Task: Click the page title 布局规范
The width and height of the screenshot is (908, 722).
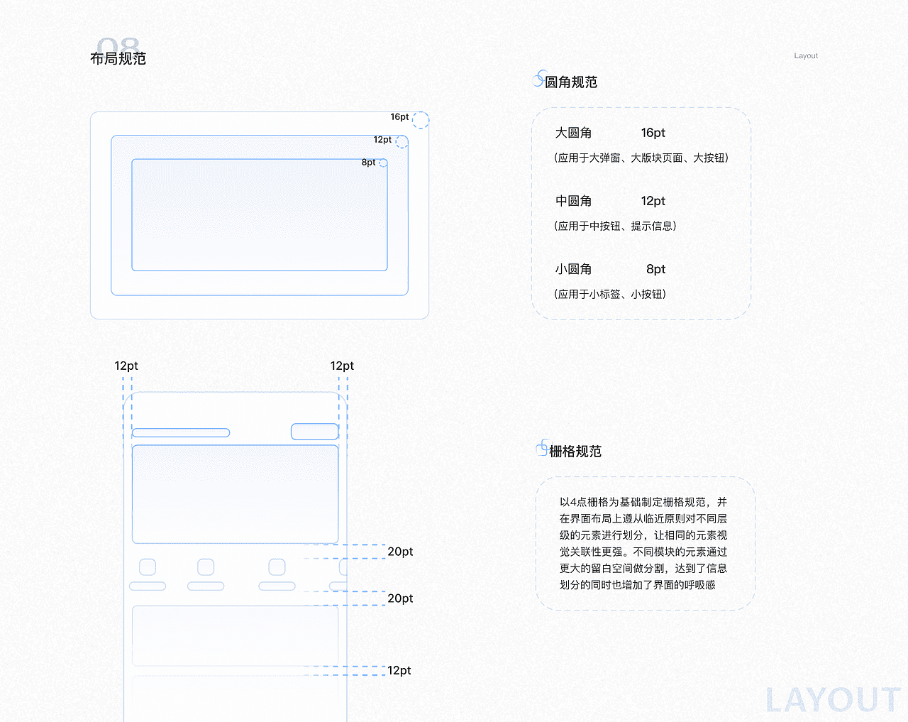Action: coord(118,58)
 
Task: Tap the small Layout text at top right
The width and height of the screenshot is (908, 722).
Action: coord(806,56)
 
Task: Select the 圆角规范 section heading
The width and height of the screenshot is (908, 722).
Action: coord(570,82)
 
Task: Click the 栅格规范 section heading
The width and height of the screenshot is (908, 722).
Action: coord(575,452)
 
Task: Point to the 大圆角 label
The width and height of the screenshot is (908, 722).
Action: coord(573,133)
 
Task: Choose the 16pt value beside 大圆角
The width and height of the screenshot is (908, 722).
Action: coord(653,133)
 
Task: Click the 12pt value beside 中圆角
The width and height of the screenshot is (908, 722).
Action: coord(653,201)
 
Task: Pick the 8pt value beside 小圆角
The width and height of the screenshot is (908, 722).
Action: coord(655,269)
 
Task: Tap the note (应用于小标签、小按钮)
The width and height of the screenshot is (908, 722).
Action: coord(610,294)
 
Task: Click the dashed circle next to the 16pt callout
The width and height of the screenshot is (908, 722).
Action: coord(421,120)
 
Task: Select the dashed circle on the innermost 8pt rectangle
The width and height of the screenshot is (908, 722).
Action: coord(383,163)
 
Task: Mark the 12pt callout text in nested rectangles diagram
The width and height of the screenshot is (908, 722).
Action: coord(382,140)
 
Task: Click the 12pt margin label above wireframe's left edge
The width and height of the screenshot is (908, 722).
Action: coord(126,366)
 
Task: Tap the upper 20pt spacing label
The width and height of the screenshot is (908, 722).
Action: coord(400,552)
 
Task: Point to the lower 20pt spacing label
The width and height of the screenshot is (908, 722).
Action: coord(400,598)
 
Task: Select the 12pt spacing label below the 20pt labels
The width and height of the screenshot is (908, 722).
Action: coord(399,670)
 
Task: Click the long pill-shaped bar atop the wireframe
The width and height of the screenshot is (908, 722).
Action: coord(181,432)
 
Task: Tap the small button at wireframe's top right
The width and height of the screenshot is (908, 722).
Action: coord(314,432)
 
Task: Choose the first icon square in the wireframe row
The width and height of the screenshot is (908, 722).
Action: coord(148,567)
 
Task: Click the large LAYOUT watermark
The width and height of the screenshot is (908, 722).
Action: coord(833,700)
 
